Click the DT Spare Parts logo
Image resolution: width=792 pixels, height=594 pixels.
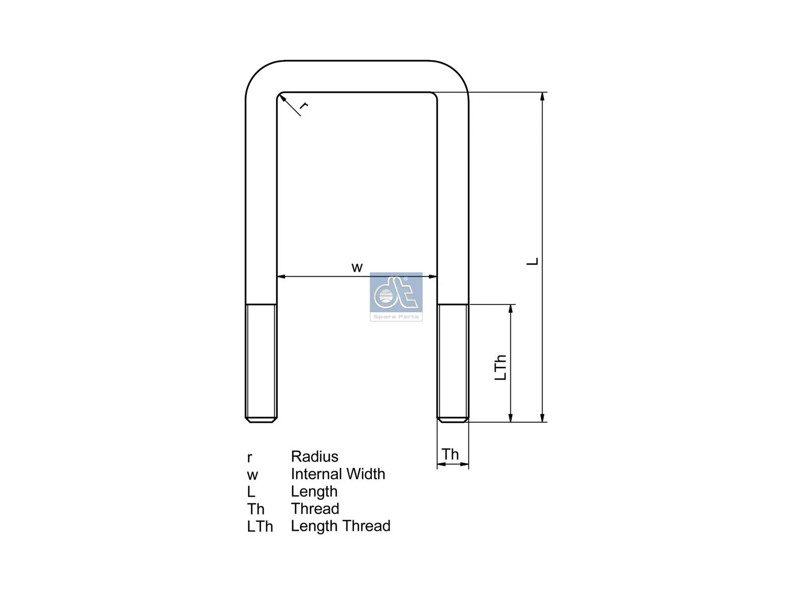coord(396,297)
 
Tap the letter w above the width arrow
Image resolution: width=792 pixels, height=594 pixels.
coord(357,268)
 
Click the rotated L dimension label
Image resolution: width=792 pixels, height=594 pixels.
coord(532,261)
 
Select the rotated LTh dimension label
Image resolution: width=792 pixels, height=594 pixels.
coord(501,367)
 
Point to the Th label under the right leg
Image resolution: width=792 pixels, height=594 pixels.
coord(450,454)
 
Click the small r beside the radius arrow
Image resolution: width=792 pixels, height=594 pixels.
coord(304,105)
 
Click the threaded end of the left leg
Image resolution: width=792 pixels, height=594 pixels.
coord(261,363)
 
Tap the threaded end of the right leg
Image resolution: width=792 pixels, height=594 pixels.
coord(452,363)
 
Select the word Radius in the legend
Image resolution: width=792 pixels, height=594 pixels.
coord(314,456)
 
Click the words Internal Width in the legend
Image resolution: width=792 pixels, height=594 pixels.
coord(338,474)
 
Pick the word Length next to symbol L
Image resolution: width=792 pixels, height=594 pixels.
coord(314,491)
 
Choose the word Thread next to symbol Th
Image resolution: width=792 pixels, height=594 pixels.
coord(315,508)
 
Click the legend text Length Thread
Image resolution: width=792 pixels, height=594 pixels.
coord(341,526)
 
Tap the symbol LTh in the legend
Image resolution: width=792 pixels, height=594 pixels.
coord(260,527)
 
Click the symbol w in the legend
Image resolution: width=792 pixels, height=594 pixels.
coord(252,475)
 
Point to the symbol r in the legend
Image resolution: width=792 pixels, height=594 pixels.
coord(249,457)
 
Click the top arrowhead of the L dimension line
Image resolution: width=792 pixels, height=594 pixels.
coord(543,97)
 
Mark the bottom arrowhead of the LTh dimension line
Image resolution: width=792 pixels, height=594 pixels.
coord(511,418)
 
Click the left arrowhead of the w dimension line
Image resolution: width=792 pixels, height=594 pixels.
coord(281,277)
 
